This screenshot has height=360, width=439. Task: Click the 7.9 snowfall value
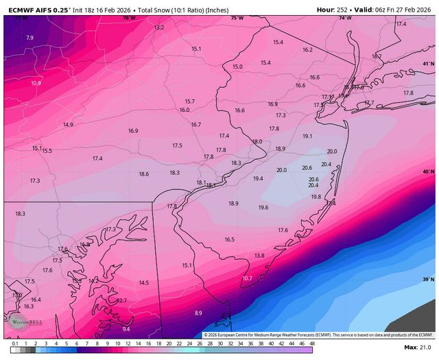pos(29,38)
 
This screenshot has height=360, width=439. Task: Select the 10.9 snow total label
pos(36,83)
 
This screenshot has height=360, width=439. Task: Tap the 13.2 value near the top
pos(159,27)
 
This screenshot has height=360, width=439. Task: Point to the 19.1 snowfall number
pos(307,136)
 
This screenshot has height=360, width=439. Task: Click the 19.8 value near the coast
pos(316,197)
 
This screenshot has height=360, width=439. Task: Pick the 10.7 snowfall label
pos(248,278)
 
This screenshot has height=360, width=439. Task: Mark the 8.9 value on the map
pos(198,313)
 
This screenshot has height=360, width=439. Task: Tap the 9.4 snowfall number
pos(126,329)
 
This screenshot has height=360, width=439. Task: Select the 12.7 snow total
pos(121,300)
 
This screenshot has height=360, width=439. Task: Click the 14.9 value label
pos(68,125)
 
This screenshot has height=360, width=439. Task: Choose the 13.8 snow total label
pos(259,255)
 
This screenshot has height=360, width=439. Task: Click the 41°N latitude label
pos(428,64)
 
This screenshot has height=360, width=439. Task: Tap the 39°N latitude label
pos(428,280)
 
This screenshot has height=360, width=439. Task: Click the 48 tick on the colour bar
pos(311,343)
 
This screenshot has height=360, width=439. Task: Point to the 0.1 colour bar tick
pos(14,343)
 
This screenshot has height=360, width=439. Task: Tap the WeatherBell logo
pos(21,322)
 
